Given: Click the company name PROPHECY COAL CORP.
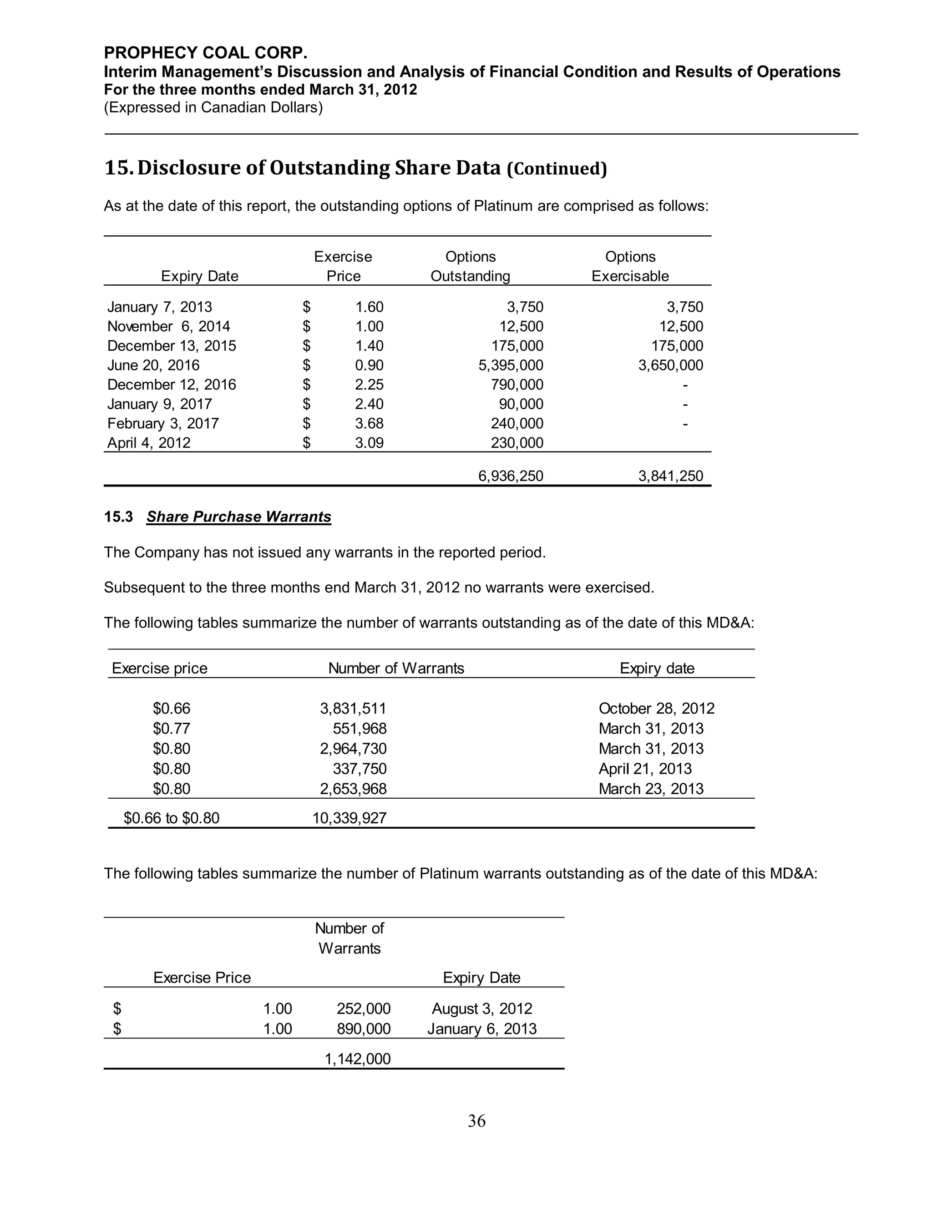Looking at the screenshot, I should [205, 53].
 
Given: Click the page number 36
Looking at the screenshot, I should [476, 1120].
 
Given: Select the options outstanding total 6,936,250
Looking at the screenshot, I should [510, 476].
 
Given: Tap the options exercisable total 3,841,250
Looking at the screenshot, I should [670, 476].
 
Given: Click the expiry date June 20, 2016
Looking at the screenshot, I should [153, 365].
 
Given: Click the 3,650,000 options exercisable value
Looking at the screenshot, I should [670, 365].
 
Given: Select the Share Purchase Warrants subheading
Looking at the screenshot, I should [238, 517].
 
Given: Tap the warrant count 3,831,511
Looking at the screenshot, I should [353, 709].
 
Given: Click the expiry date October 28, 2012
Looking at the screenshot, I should [657, 709].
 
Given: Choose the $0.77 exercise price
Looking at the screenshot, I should [172, 728].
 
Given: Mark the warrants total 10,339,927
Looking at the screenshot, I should [349, 818].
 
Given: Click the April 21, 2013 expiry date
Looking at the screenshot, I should [645, 769].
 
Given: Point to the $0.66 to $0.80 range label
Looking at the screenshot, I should [172, 818].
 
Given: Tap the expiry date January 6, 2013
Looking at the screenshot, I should [482, 1029].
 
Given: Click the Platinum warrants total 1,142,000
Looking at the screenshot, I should [357, 1059].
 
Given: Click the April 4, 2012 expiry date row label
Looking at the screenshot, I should [149, 443].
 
